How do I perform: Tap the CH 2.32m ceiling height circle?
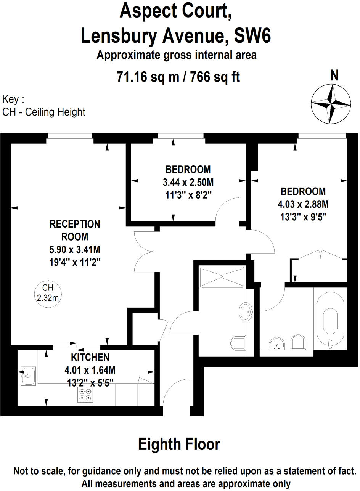[48, 293]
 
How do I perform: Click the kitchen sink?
[27, 376]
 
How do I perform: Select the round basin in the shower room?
[246, 312]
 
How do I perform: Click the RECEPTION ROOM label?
[75, 230]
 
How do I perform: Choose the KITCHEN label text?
[90, 357]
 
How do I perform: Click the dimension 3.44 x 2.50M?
[188, 182]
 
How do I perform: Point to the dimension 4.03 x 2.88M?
[303, 204]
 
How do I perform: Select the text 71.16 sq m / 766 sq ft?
[178, 77]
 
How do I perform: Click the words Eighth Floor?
[179, 444]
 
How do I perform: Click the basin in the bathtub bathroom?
[277, 343]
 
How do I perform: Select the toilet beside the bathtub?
[298, 342]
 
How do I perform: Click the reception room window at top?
[70, 136]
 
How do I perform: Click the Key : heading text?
[13, 100]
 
